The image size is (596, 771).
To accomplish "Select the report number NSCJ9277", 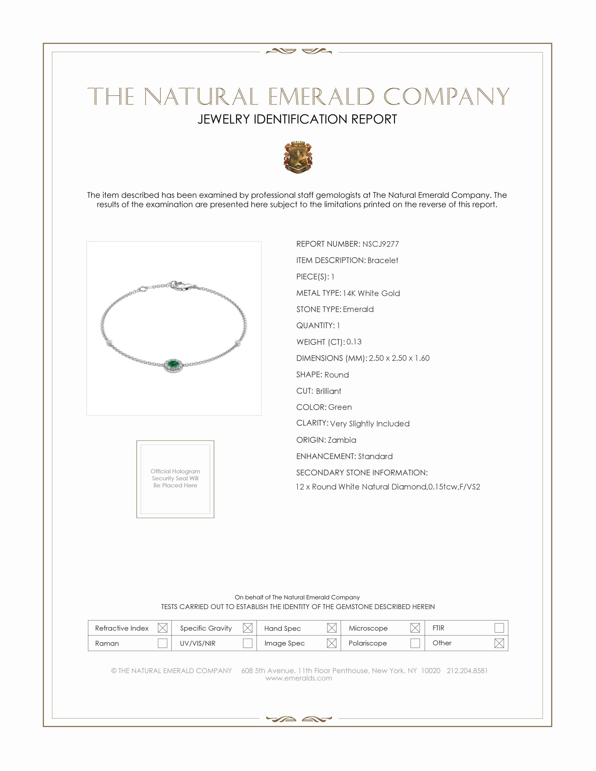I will pos(380,244).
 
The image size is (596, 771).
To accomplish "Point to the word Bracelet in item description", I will pos(382,260).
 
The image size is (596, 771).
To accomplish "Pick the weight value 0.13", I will pos(354,342).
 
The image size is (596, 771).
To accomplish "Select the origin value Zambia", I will pos(341,440).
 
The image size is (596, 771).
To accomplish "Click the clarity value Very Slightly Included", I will pos(370,424).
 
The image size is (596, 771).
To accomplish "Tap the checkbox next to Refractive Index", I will pos(162,628).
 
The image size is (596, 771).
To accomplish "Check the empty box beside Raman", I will pos(162,643).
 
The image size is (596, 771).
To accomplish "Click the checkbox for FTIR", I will pos(499,628).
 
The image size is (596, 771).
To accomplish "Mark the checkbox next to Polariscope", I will pos(415,643).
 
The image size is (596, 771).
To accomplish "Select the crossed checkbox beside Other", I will pos(499,643).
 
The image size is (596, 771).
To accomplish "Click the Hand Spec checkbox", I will pos(332,628).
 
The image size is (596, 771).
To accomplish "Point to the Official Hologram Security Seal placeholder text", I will pos(175,478).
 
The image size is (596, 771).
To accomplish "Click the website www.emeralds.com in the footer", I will pos(299,678).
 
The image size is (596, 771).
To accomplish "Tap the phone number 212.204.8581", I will pos(467,671).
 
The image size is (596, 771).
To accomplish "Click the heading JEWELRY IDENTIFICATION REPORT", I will pos(297,119).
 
